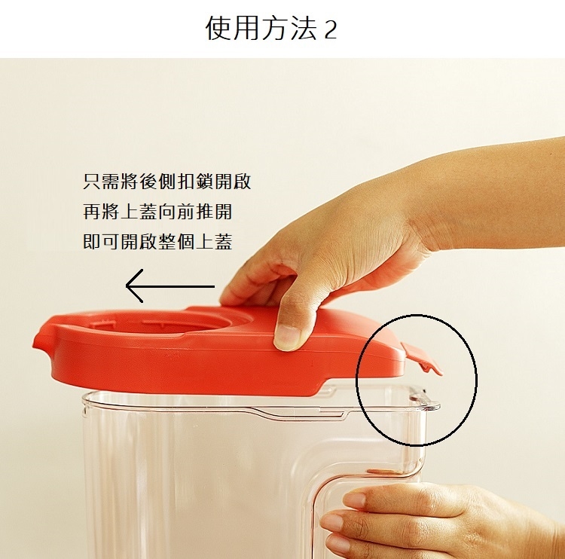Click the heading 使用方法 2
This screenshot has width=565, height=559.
tap(271, 29)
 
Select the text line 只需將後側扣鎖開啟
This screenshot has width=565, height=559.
tap(166, 182)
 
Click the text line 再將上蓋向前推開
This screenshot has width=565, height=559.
tap(157, 211)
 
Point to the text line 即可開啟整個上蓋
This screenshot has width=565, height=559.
tap(157, 241)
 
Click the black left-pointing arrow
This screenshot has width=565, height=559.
tap(170, 286)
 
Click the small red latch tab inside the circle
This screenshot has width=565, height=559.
tap(423, 359)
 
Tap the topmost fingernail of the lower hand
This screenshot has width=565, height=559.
tap(354, 500)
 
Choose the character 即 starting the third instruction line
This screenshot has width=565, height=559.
tap(91, 241)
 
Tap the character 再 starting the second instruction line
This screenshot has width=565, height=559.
tap(91, 211)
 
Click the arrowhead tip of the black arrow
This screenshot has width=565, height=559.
tap(126, 286)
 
